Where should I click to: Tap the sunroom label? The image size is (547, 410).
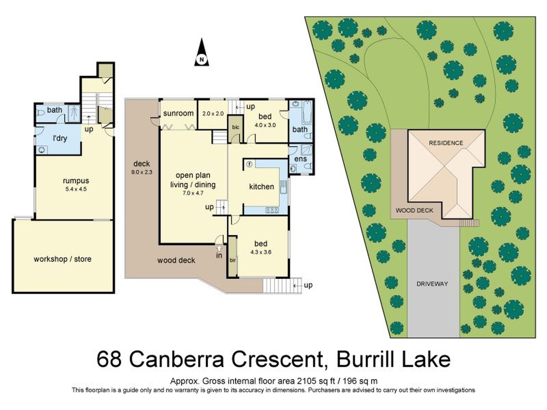[178, 113]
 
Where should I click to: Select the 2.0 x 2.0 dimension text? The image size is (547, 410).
[213, 114]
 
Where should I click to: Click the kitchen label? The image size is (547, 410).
[261, 187]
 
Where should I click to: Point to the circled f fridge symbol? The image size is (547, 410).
[249, 164]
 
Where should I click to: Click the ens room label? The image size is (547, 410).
[300, 159]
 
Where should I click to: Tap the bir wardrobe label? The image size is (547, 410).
[233, 260]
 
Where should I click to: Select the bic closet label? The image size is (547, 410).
[235, 127]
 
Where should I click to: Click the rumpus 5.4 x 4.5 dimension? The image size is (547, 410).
[76, 189]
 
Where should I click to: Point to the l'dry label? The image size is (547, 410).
[60, 138]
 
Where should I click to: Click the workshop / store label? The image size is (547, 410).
[62, 259]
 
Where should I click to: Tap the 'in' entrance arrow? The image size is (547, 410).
[219, 248]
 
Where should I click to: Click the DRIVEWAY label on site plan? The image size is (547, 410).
[432, 284]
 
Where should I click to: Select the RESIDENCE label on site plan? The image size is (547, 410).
[446, 143]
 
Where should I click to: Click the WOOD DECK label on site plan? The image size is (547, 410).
[414, 211]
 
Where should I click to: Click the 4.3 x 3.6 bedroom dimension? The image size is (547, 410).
[261, 252]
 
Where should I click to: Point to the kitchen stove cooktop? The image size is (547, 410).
[272, 210]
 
